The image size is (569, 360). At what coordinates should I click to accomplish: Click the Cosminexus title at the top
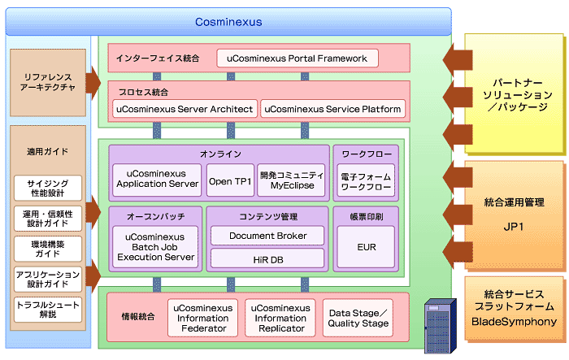pyautogui.click(x=228, y=22)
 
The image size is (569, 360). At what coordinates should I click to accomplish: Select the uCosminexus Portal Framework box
pyautogui.click(x=298, y=59)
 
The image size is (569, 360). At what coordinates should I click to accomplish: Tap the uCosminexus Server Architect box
pyautogui.click(x=185, y=109)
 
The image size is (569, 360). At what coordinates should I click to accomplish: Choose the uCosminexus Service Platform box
pyautogui.click(x=332, y=109)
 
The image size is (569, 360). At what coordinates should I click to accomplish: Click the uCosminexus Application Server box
pyautogui.click(x=157, y=180)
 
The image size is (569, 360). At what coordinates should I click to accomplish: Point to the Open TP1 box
pyautogui.click(x=230, y=180)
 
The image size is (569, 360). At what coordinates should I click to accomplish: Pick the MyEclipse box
pyautogui.click(x=291, y=180)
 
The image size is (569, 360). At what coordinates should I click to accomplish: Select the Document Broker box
pyautogui.click(x=267, y=236)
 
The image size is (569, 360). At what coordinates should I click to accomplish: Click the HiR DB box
pyautogui.click(x=267, y=258)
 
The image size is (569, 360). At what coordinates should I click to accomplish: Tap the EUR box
pyautogui.click(x=366, y=247)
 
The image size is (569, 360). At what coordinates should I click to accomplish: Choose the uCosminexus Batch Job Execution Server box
pyautogui.click(x=155, y=247)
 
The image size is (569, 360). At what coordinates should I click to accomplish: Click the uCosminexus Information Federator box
pyautogui.click(x=203, y=318)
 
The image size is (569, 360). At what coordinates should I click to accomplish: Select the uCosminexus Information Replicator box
pyautogui.click(x=280, y=318)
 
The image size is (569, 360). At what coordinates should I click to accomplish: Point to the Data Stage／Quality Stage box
pyautogui.click(x=358, y=318)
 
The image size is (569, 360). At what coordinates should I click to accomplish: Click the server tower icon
pyautogui.click(x=441, y=326)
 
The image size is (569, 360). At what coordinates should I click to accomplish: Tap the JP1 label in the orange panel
pyautogui.click(x=514, y=227)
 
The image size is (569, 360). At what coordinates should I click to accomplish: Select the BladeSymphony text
pyautogui.click(x=514, y=322)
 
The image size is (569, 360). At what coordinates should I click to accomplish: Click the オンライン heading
pyautogui.click(x=220, y=154)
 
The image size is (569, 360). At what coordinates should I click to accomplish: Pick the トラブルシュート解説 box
pyautogui.click(x=48, y=310)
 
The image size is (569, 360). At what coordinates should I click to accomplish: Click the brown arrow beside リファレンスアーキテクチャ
pyautogui.click(x=93, y=83)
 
